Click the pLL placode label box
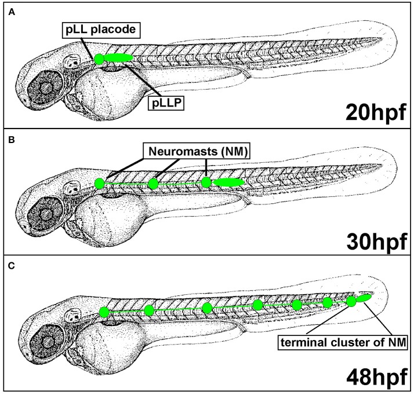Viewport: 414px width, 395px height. coord(101,30)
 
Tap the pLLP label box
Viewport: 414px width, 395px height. coord(166,103)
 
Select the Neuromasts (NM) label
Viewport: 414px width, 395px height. coord(197,151)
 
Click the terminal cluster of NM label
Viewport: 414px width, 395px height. coord(343,342)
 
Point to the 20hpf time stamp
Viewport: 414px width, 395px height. coord(376,112)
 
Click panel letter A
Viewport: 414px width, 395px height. coord(12,12)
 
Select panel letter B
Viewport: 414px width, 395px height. coord(12,140)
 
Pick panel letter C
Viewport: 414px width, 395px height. coord(12,266)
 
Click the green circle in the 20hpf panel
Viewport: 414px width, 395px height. coord(99,59)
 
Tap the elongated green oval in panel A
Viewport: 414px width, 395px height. coord(118,58)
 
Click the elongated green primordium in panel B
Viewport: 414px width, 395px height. coord(228,182)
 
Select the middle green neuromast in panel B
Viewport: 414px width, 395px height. coord(153,184)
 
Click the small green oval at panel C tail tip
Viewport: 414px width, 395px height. coord(364,298)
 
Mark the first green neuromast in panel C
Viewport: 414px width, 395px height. coord(104,312)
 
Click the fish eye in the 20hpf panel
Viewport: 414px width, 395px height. coord(46,86)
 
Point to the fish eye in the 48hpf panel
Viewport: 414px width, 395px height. coord(48,342)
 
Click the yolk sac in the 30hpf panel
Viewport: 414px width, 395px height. coord(110,219)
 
